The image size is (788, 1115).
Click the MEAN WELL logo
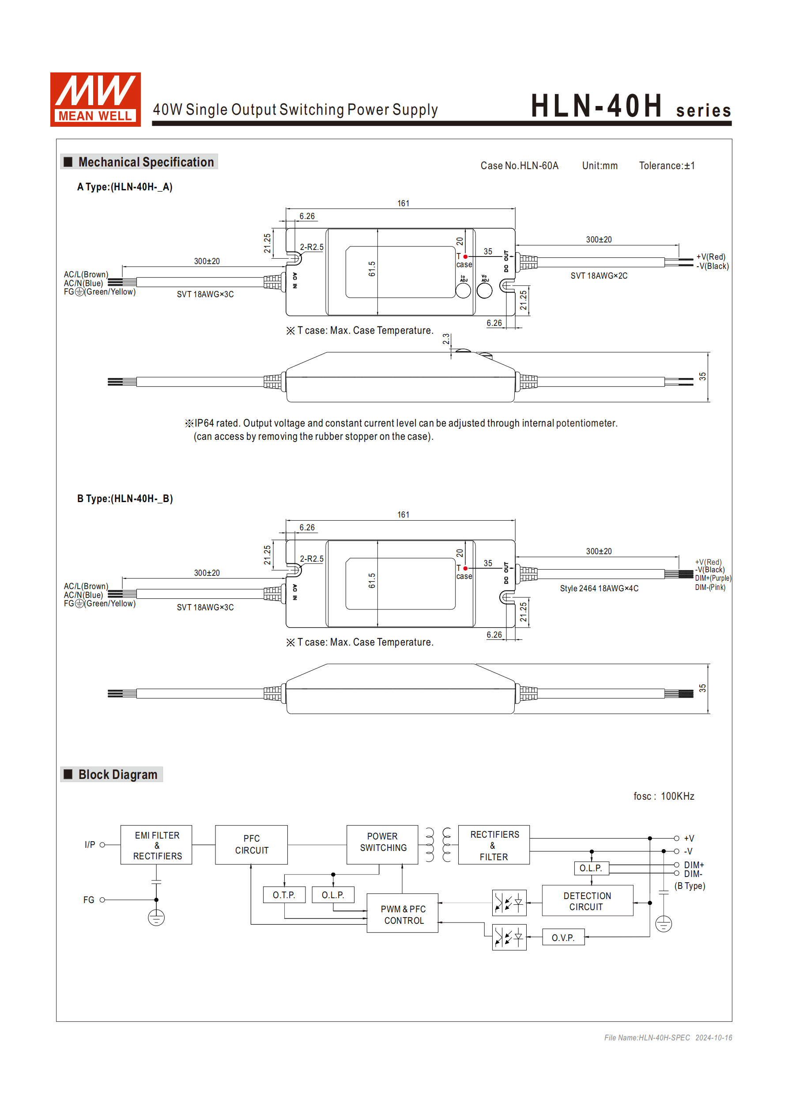95,99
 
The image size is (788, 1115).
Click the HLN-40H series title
630,107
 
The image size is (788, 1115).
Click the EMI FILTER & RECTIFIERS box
156,845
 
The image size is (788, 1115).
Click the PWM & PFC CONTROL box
403,915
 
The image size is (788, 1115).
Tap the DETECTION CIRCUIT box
587,901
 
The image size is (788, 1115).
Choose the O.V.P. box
563,938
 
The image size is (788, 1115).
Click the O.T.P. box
284,895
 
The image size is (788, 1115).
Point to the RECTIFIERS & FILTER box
494,846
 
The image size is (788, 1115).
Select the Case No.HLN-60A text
519,166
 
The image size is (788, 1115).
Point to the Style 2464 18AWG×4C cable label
599,588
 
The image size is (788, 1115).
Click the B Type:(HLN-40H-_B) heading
125,498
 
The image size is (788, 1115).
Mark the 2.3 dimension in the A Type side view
446,339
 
